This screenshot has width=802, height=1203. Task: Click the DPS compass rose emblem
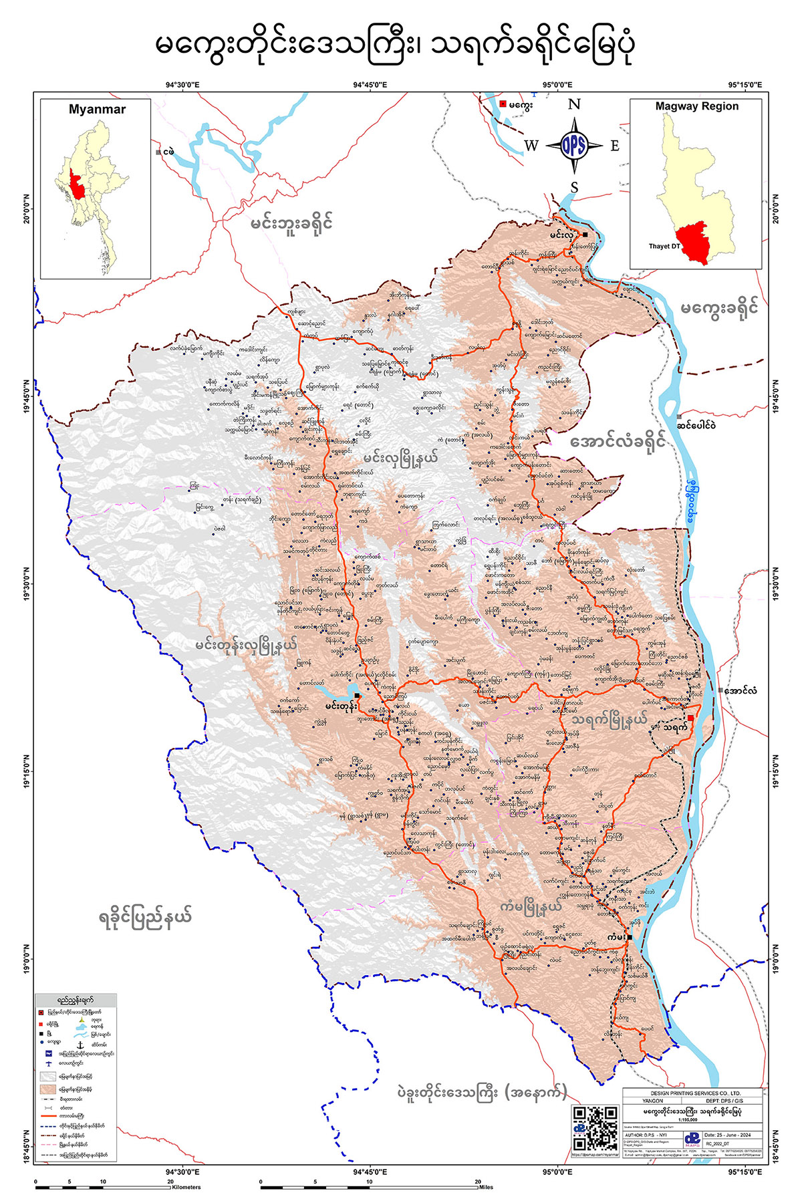tap(573, 146)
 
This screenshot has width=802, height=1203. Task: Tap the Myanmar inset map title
tap(97, 110)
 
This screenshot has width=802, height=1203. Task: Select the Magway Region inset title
tap(696, 106)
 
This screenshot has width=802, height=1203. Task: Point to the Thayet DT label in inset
tap(664, 246)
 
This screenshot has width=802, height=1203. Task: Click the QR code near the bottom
tap(595, 1129)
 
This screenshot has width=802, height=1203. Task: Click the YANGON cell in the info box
tap(653, 1101)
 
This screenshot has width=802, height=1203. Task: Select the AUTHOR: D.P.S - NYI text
tap(646, 1135)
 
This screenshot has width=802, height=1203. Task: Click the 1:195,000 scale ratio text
tap(688, 1119)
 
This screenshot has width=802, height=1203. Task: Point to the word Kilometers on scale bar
tap(186, 1188)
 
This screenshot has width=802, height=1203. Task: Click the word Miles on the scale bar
tap(486, 1188)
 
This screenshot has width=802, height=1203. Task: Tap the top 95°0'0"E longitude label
tap(557, 85)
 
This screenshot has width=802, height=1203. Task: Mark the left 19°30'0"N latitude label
tap(27, 583)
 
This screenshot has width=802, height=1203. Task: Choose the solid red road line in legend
tap(49, 1115)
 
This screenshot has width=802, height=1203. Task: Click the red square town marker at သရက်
tap(690, 718)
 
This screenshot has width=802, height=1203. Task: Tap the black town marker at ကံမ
tap(630, 937)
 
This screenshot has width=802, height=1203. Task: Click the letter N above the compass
tap(573, 104)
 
